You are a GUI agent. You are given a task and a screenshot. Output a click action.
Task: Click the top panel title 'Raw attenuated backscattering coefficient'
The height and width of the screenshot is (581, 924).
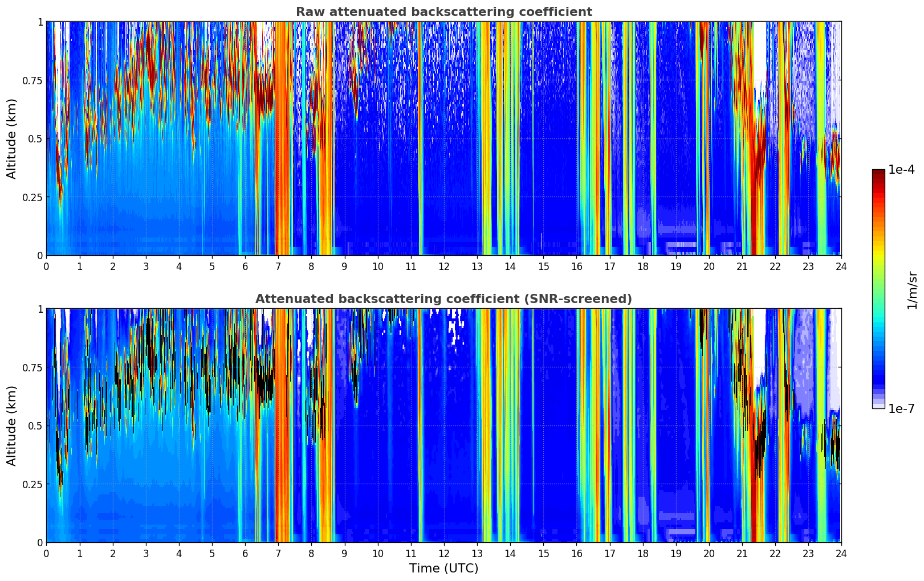pos(443,12)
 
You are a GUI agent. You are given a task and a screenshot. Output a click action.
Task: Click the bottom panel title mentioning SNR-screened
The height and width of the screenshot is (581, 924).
pos(443,299)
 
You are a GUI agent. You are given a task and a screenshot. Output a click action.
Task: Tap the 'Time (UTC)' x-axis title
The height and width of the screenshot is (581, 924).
pos(443,568)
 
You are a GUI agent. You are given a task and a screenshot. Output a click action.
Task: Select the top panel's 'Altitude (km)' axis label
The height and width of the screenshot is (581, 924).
pos(12,138)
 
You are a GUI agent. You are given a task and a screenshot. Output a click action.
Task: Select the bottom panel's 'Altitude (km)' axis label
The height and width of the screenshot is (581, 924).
pos(12,425)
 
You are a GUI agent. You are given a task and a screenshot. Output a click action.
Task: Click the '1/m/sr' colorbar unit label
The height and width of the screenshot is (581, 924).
pos(912,289)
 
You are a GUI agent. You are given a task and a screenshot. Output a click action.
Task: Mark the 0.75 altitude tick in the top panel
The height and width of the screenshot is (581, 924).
pos(32,80)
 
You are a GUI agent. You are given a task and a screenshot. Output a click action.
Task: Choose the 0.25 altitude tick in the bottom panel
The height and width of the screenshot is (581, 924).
pos(32,484)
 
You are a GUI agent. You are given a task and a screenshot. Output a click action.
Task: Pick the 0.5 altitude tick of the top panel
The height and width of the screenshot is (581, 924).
pos(35,138)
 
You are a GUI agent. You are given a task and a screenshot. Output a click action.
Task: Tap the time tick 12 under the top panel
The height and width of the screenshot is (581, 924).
pos(443,266)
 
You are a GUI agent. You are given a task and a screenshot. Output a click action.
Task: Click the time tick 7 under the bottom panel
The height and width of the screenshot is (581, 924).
pos(278,553)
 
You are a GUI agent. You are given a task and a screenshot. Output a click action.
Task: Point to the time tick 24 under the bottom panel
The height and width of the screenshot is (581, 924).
pos(841,553)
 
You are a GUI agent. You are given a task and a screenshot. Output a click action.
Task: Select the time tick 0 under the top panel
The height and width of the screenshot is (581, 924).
pos(46,266)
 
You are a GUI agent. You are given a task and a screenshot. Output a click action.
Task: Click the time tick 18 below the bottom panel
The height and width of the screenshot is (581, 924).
pos(642,553)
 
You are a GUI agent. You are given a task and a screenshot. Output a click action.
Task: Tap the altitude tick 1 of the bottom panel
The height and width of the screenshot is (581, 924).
pos(40,309)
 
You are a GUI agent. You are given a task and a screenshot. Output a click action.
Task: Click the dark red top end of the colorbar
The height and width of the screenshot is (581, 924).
pos(878,171)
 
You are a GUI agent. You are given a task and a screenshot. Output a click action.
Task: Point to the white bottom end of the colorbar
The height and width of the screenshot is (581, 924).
pos(878,406)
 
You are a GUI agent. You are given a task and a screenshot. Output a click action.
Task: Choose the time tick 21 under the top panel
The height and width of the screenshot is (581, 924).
pos(742,266)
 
